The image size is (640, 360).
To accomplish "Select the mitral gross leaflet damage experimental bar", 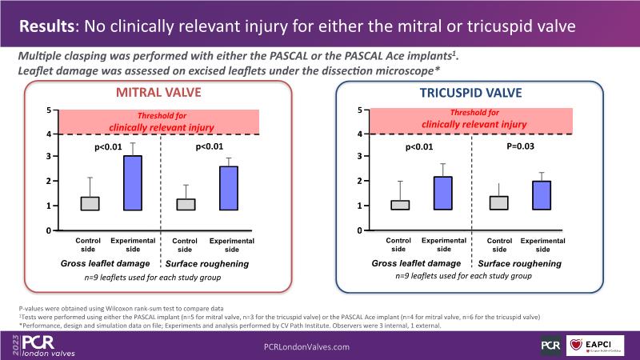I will coord(132,182).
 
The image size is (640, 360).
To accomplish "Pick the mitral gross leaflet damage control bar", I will coord(90,203).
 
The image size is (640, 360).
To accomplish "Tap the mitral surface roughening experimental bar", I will coord(229,188).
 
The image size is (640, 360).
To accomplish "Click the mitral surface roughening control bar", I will coord(186,204).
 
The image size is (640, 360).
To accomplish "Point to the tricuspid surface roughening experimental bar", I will coord(541,195).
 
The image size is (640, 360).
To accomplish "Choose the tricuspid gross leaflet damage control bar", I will coord(399,205).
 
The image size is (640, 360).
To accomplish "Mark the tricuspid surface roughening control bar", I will coord(498,202).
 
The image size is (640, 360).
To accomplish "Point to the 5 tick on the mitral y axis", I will coord(48,110).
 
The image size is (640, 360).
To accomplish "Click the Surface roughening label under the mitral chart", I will coord(207,263).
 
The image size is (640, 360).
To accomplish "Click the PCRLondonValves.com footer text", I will coord(307,346).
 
